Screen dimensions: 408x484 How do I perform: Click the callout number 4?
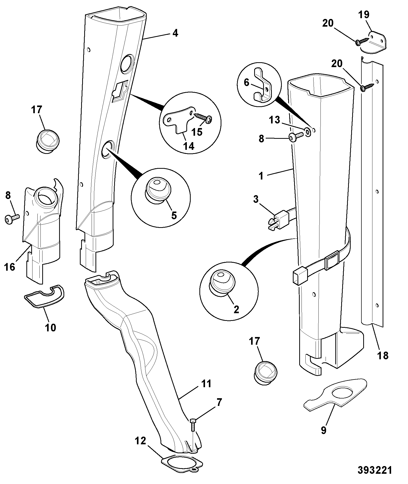(175, 33)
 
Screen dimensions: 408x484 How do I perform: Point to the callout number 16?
(9, 267)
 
